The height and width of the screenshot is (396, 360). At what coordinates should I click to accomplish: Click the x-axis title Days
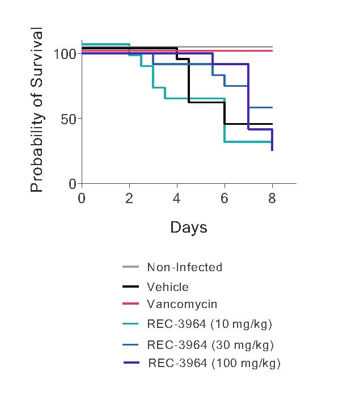click(188, 228)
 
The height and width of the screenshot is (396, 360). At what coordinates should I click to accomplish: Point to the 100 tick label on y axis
click(65, 54)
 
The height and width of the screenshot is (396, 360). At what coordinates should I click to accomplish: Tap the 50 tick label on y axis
click(69, 119)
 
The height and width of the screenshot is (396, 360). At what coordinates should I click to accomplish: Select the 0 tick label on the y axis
click(73, 184)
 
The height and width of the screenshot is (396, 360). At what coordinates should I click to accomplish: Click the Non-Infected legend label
click(184, 267)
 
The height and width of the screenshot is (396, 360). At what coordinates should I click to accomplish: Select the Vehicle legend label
click(167, 287)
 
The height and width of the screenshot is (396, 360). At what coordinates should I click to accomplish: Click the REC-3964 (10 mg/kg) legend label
click(210, 325)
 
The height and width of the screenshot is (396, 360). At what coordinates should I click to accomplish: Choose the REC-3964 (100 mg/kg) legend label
click(214, 363)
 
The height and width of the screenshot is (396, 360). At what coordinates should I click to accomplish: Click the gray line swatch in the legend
click(130, 266)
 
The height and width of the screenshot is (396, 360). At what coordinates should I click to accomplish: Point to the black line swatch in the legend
click(130, 287)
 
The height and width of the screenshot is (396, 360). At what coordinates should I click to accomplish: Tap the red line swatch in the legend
click(130, 304)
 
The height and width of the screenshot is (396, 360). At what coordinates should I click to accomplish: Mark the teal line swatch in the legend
click(130, 324)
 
